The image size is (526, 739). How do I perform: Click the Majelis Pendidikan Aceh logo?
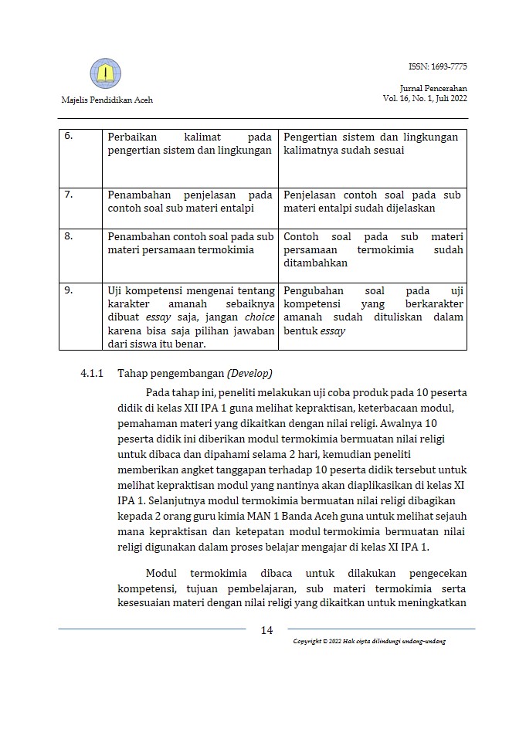(x=106, y=74)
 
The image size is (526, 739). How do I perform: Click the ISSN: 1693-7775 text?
(x=438, y=67)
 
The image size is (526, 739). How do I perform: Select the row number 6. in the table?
(x=68, y=137)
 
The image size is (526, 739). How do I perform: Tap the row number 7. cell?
(x=68, y=195)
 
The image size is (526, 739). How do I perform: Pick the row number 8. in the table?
(x=68, y=236)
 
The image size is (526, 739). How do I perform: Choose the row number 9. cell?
(x=68, y=290)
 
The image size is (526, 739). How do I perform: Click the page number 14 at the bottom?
(x=266, y=630)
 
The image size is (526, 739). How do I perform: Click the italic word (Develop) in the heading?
(x=249, y=373)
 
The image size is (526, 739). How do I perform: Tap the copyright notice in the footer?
(x=369, y=642)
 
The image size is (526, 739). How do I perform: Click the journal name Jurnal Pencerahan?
(x=438, y=89)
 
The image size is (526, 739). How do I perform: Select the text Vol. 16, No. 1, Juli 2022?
(x=424, y=98)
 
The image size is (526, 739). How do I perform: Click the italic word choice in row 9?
(x=260, y=317)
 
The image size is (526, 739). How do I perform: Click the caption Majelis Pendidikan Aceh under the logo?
(x=107, y=100)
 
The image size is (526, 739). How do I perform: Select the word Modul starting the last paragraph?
(x=161, y=573)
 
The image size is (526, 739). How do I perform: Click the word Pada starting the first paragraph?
(x=158, y=392)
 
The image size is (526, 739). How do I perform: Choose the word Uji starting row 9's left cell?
(x=116, y=290)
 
